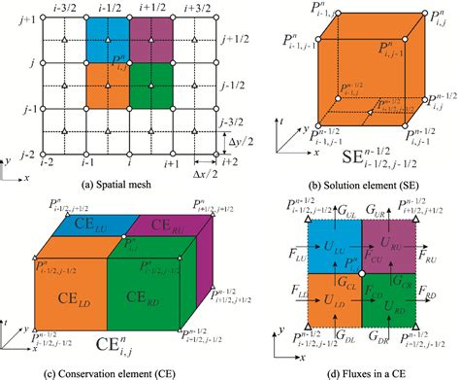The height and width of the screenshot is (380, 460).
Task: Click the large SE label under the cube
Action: click(355, 156)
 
